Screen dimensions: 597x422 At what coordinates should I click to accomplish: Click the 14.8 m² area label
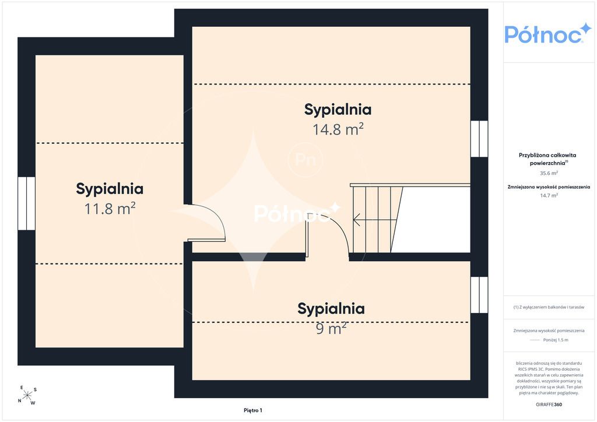[338, 129]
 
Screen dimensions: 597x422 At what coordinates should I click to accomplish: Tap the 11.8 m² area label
[110, 209]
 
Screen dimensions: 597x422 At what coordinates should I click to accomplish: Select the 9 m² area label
[331, 328]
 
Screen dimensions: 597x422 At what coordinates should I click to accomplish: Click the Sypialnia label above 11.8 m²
[110, 189]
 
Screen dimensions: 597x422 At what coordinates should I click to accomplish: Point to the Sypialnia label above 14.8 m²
[338, 110]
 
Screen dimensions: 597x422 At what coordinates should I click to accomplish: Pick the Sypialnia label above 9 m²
[331, 309]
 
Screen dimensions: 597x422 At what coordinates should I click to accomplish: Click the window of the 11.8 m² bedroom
[26, 203]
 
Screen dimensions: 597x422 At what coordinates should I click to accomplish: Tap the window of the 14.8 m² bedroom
[479, 139]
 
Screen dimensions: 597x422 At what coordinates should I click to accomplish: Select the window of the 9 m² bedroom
[479, 295]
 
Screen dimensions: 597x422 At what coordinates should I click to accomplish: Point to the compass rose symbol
[27, 396]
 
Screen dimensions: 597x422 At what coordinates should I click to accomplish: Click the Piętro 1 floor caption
[253, 410]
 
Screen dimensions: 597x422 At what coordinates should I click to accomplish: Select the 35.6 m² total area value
[549, 173]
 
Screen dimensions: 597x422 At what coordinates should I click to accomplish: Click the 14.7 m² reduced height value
[549, 196]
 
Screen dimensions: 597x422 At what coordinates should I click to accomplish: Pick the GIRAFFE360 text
[549, 405]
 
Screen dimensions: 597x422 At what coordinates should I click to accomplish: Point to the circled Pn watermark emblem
[305, 160]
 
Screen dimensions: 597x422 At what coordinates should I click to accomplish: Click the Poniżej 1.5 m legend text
[556, 340]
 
